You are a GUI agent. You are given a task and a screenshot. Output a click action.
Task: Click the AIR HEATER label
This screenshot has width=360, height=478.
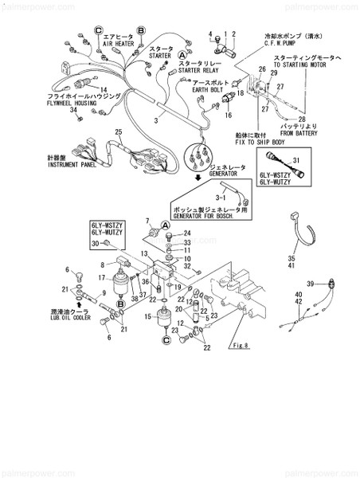coord(119,45)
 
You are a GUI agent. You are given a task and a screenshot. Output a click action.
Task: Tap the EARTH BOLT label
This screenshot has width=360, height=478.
coord(212,91)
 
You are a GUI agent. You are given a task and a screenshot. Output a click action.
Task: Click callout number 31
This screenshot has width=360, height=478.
coord(295,161)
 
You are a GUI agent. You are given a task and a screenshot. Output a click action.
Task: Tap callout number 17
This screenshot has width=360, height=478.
coord(101,277)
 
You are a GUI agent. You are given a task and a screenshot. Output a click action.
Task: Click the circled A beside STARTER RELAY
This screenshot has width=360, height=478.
coord(182,54)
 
